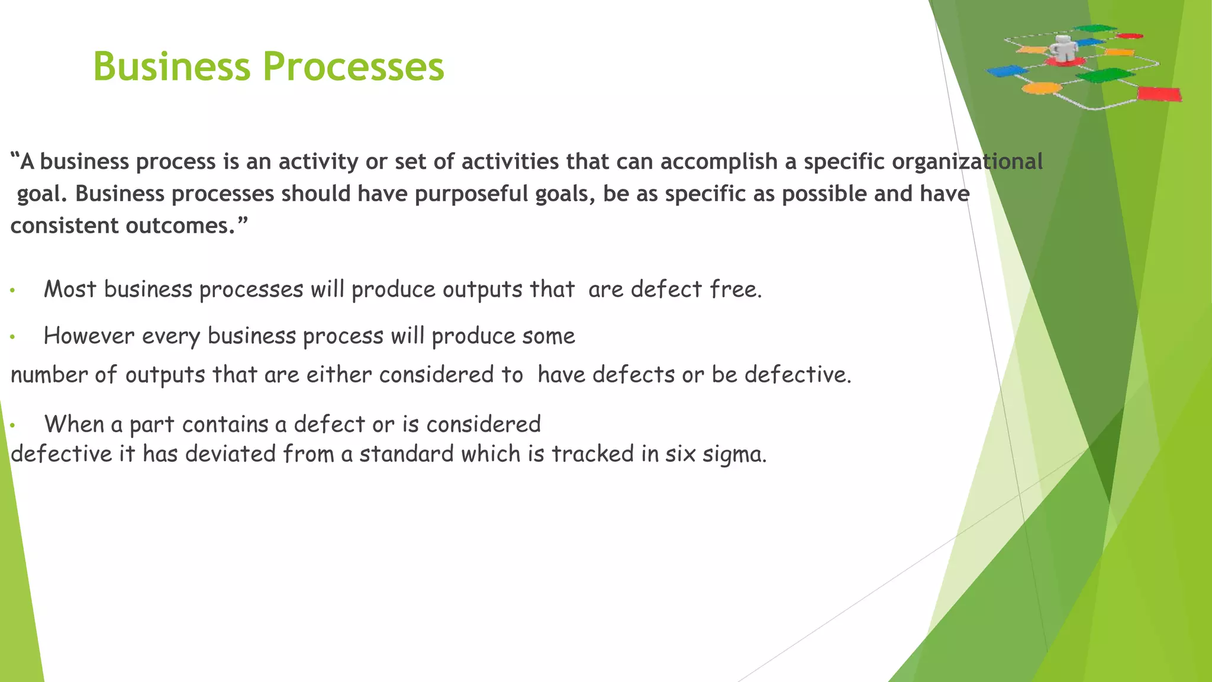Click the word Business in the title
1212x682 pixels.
point(172,66)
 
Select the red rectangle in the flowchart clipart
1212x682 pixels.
point(1159,94)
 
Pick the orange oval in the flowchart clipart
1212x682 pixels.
point(1042,88)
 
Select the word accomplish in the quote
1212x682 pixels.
point(718,162)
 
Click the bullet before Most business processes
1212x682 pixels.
point(12,291)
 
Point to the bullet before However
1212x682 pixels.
point(12,337)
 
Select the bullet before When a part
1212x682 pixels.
point(12,425)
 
